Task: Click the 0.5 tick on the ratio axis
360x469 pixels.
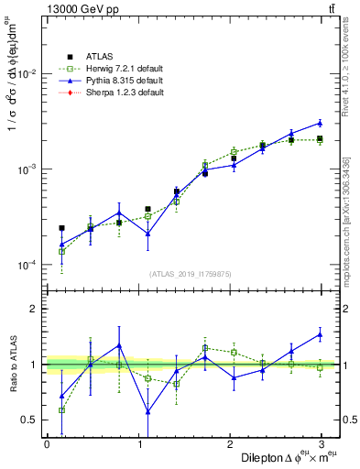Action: click(31, 420)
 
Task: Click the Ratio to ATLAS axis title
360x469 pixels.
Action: click(13, 365)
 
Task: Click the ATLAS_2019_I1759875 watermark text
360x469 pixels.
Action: click(192, 274)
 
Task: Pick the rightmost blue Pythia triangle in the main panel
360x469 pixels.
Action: click(320, 123)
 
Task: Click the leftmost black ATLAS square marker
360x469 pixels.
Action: click(61, 228)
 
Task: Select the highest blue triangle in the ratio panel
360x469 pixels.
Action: click(320, 334)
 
